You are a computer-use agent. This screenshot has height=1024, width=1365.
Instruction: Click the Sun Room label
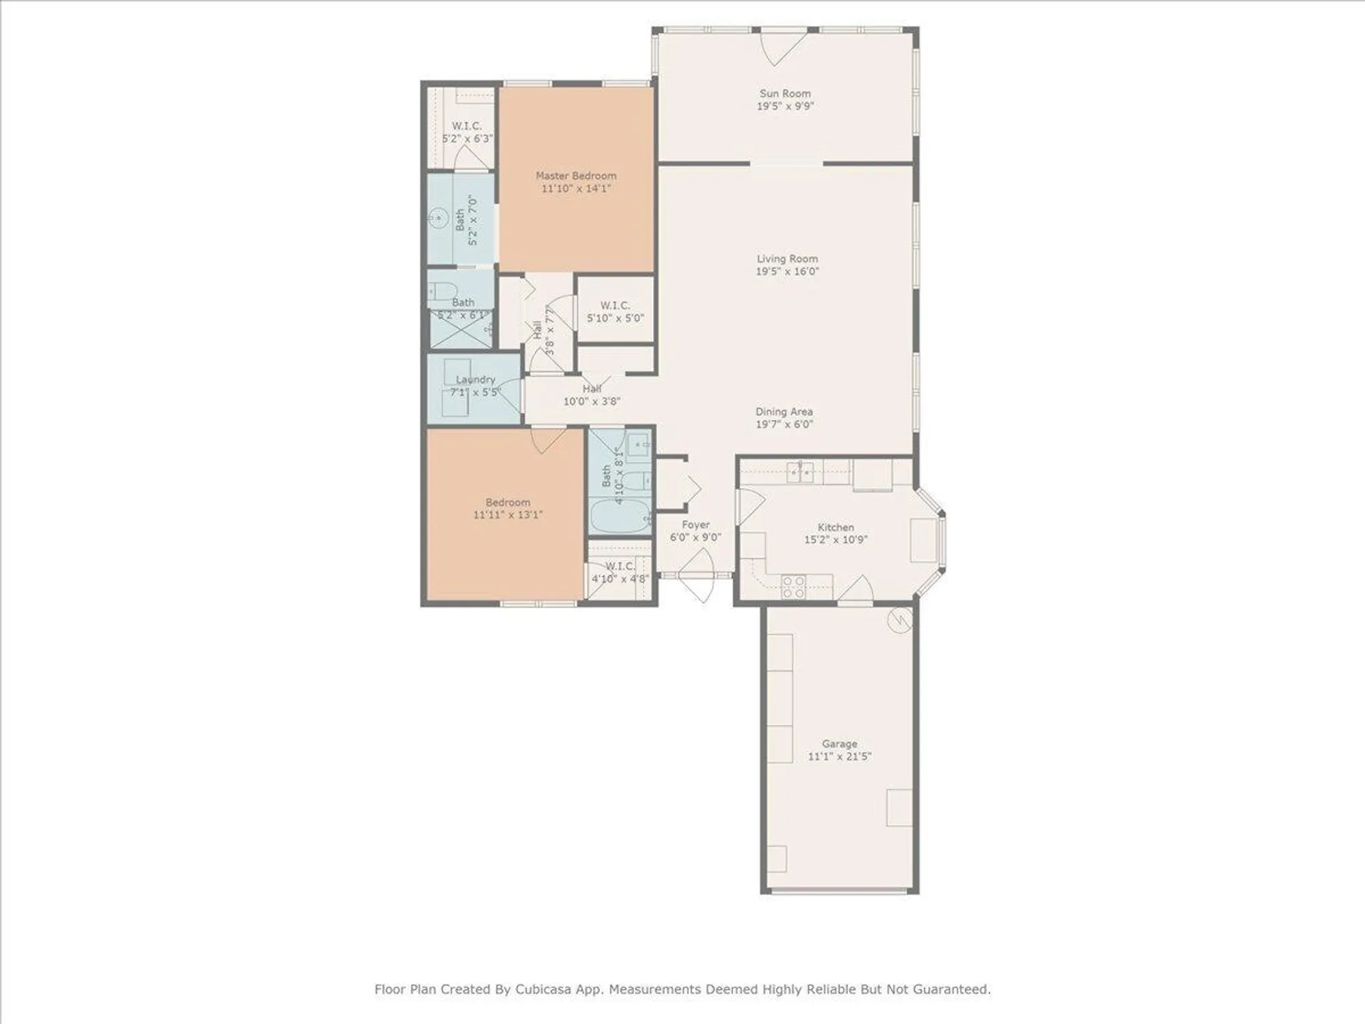785,94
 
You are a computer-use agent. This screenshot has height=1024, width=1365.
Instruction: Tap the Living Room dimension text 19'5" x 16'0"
787,271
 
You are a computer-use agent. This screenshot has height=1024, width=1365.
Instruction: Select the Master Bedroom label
575,175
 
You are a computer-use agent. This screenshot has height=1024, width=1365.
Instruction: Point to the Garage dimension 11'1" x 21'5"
839,756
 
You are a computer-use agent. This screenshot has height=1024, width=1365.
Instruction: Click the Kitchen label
835,527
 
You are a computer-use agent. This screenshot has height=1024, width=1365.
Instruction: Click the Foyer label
695,524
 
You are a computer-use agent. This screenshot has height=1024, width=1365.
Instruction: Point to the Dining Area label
784,412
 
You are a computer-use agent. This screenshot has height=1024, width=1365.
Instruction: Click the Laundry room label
475,380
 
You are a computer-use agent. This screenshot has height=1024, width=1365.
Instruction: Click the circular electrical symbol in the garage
900,621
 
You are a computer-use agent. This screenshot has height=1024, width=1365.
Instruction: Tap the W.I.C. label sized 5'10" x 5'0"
615,305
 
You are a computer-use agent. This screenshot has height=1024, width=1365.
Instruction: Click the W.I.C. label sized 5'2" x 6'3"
467,126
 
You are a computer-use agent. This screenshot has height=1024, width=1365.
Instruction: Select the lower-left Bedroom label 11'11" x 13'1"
508,502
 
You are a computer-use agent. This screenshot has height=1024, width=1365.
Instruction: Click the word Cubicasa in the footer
544,989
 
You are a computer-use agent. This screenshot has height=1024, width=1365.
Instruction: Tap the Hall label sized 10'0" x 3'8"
592,388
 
